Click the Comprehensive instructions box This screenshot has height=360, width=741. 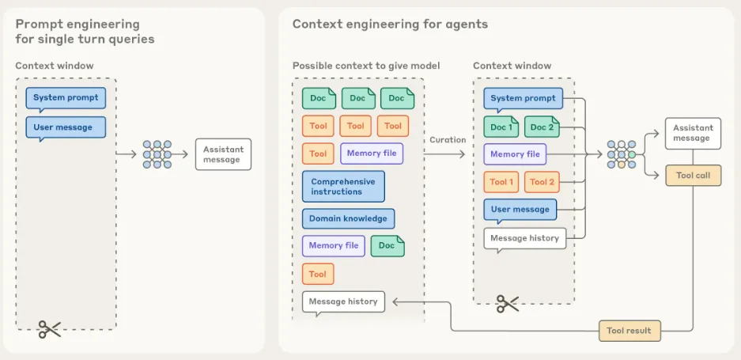(x=343, y=187)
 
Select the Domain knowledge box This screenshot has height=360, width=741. (x=348, y=218)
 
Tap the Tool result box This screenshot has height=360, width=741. (x=629, y=331)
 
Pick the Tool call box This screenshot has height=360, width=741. (x=693, y=176)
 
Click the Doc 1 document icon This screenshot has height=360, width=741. (x=501, y=127)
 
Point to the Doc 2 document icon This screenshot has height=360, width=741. (x=542, y=127)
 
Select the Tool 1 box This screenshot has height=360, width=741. (x=501, y=182)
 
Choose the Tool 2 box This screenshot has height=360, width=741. (x=542, y=182)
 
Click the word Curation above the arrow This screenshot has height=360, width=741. (x=448, y=140)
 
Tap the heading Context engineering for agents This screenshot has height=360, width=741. (x=390, y=25)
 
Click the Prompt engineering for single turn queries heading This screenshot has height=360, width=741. (x=85, y=32)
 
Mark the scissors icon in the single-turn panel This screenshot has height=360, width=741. (x=50, y=330)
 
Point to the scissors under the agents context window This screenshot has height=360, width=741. (x=507, y=303)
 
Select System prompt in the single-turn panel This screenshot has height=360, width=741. (x=66, y=98)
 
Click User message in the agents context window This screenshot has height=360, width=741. (x=520, y=210)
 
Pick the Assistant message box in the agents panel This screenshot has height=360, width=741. (x=693, y=133)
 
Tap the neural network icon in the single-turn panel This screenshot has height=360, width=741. (x=157, y=154)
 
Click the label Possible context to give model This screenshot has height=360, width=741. (x=366, y=66)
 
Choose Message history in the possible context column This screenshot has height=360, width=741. (x=343, y=301)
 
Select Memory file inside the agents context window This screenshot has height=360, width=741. (x=515, y=154)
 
